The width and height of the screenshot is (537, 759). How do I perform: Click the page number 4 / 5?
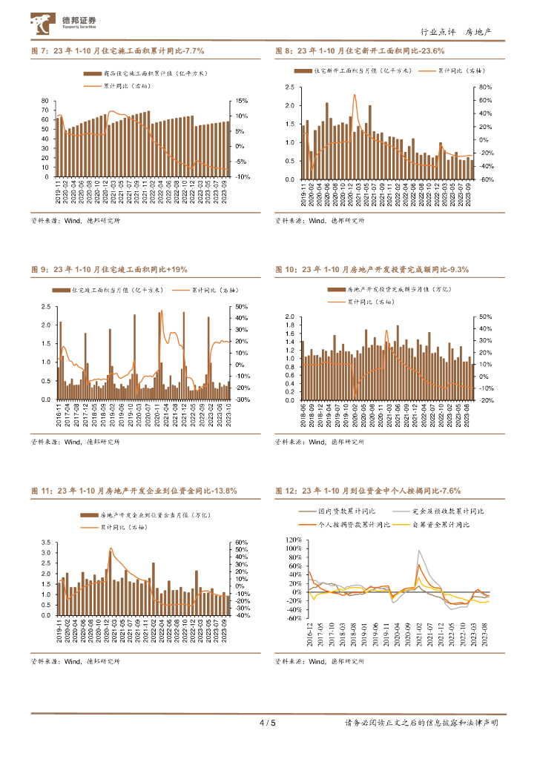pyautogui.click(x=268, y=723)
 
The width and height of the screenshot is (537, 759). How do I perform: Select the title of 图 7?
pyautogui.click(x=117, y=51)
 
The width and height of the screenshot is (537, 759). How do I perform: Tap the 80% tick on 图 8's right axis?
pyautogui.click(x=486, y=87)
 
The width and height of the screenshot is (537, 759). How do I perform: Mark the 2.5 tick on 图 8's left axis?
pyautogui.click(x=290, y=87)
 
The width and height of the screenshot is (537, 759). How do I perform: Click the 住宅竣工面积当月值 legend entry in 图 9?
pyautogui.click(x=116, y=291)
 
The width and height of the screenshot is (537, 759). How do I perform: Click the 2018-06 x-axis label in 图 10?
pyautogui.click(x=302, y=410)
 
